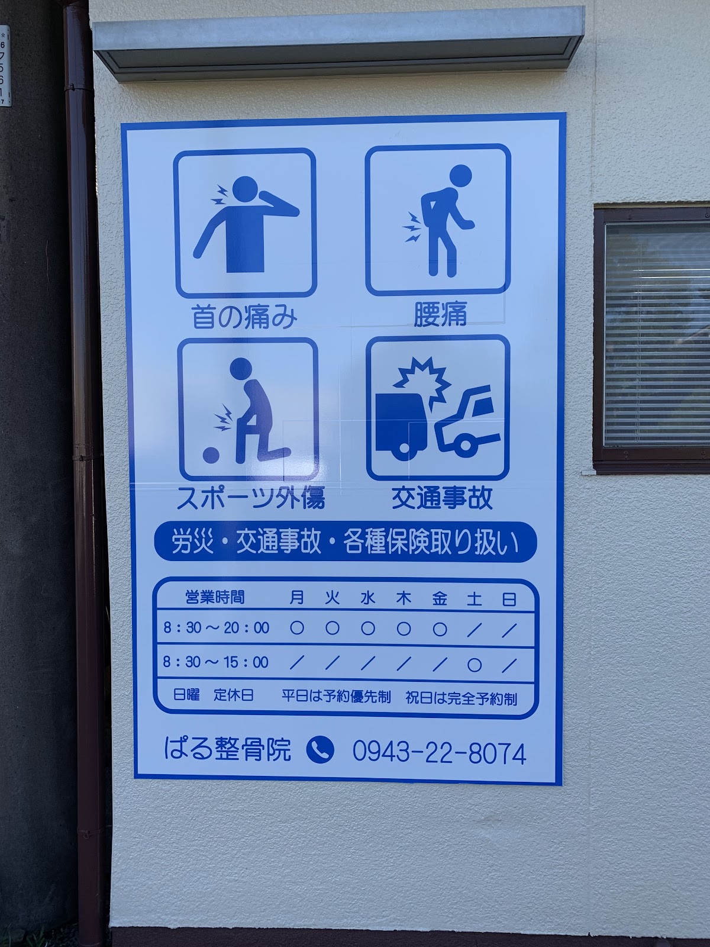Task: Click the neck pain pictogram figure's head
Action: (x=245, y=189)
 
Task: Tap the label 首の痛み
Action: (x=244, y=317)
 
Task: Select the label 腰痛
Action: (x=440, y=314)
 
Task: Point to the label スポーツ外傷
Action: (x=251, y=498)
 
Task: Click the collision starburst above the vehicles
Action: (x=420, y=379)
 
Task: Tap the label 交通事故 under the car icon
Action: (x=443, y=498)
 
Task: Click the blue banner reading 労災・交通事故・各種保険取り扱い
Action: (x=346, y=542)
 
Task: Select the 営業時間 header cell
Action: (x=215, y=597)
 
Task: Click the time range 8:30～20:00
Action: (x=217, y=628)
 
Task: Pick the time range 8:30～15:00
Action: (x=216, y=662)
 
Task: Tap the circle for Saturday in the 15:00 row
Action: (x=474, y=665)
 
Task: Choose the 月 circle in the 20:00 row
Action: (x=297, y=628)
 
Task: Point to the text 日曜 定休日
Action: (x=213, y=695)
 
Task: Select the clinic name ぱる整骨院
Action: (x=228, y=749)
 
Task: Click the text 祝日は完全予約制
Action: (x=461, y=698)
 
